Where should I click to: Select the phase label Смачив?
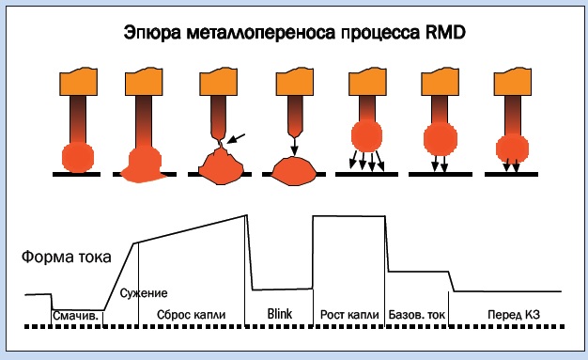tap(76, 316)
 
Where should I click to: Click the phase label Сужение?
tap(145, 293)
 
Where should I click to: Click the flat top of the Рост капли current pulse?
tap(349, 217)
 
